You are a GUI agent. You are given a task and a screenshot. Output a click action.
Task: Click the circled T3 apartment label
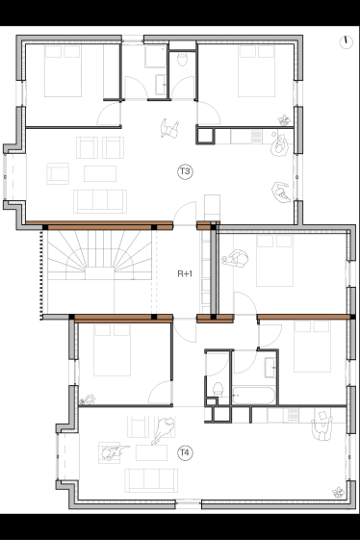pos(185,171)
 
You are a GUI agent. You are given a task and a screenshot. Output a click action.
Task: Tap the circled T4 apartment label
pos(185,452)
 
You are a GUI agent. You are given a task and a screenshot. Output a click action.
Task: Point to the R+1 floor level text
pos(185,273)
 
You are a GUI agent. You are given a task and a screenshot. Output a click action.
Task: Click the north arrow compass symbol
pos(346,42)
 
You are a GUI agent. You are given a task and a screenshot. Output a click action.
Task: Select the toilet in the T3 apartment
pos(182,59)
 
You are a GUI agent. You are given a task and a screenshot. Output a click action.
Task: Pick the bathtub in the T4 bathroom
pos(253,395)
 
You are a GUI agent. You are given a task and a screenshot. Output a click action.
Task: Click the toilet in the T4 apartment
pos(218,390)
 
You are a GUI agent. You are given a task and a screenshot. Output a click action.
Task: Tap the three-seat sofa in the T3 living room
pos(100,201)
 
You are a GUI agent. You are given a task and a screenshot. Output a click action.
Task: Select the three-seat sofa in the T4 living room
pos(151,480)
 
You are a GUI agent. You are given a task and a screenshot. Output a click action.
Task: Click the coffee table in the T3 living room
pos(100,173)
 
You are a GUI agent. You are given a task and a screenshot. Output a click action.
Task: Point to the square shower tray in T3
pos(155,56)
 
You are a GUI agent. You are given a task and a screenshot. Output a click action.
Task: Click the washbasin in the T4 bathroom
pos(270,368)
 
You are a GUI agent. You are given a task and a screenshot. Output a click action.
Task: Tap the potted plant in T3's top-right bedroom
pos(284,120)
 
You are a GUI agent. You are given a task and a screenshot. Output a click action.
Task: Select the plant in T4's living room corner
pos(338,492)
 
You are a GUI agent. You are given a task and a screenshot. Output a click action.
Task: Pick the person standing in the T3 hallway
pos(169,128)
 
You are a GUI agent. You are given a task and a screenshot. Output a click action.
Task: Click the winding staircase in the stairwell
pos(99,255)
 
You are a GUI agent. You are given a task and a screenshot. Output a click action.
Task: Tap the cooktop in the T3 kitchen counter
pos(256,137)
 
